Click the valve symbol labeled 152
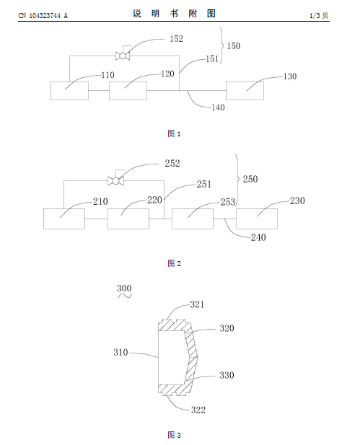123,56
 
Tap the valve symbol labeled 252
115,181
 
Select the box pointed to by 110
69,91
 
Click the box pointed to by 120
128,91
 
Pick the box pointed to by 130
245,91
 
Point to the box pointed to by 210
64,219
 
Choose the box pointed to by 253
193,219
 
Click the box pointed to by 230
257,219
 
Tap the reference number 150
233,46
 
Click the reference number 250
250,179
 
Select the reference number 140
218,107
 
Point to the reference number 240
258,237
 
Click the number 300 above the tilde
124,288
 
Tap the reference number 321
197,304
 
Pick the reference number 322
198,410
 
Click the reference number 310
120,352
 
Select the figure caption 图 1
174,133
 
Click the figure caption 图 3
174,435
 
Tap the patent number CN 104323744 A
43,16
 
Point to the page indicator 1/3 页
319,16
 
